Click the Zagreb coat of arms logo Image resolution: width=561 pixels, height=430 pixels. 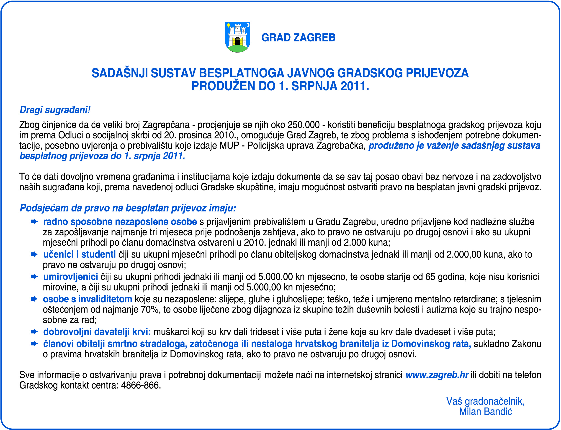tap(237, 37)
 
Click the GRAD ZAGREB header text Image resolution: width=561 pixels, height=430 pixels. tap(298, 38)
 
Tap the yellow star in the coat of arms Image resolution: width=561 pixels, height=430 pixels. tap(228, 25)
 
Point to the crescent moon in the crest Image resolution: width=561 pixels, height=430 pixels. tap(247, 25)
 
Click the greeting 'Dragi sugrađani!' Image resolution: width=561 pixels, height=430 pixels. tap(55, 110)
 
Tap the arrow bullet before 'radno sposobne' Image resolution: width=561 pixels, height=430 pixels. tap(34, 222)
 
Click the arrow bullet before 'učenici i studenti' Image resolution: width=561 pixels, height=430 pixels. tap(34, 254)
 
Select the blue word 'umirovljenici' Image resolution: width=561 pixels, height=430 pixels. tap(70, 277)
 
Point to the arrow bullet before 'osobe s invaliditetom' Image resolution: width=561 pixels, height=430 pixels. tap(34, 299)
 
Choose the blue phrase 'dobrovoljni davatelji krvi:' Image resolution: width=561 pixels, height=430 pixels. tap(97, 332)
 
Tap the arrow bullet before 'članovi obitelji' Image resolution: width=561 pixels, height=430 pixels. tap(34, 344)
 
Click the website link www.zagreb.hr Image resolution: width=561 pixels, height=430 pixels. tap(437, 375)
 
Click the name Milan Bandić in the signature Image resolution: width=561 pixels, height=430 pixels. tap(485, 412)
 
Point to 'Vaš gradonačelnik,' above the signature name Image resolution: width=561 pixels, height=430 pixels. tap(485, 401)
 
